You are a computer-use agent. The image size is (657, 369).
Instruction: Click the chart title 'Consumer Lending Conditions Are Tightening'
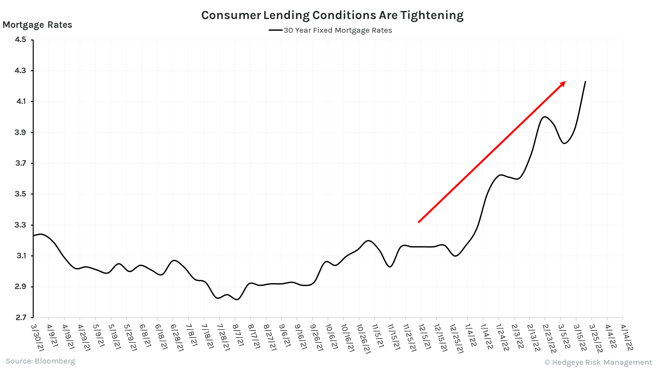332,15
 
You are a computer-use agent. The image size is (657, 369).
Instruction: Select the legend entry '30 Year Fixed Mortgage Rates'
338,30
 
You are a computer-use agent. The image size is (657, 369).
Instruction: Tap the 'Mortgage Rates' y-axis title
37,25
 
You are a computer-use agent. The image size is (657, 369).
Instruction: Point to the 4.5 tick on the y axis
20,39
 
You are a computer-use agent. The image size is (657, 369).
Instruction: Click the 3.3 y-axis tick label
20,225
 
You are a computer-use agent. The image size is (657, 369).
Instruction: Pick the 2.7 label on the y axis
20,318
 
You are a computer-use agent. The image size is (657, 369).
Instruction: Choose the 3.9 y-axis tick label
20,132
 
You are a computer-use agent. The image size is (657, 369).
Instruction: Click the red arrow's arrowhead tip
565,82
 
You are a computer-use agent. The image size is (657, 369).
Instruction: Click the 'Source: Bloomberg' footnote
40,361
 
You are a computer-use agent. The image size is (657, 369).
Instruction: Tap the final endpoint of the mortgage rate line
585,82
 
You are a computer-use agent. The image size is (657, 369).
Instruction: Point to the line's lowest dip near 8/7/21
236,300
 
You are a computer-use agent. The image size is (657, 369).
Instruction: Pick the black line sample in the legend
275,30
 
